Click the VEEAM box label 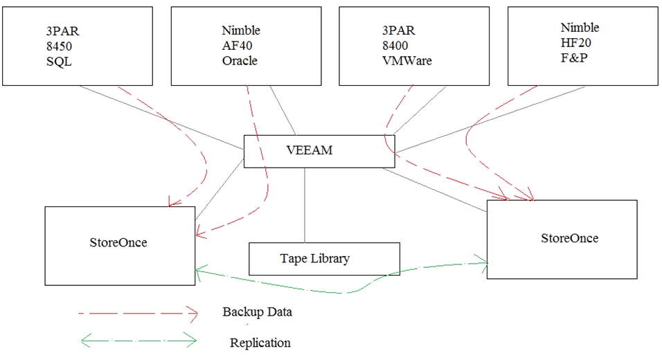[310, 150]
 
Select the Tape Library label [315, 258]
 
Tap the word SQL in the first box [59, 62]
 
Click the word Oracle [240, 61]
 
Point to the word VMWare [407, 61]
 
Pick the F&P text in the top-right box [574, 58]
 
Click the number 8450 [59, 46]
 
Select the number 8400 [395, 46]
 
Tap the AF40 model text [237, 46]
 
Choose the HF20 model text [576, 43]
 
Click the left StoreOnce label [118, 243]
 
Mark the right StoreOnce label [569, 238]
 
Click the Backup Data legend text [257, 312]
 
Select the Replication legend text [260, 343]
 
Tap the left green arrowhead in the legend [86, 340]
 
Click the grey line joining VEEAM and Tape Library [305, 205]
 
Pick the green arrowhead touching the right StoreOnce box [481, 263]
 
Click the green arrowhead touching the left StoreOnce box [201, 272]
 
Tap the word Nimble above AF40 [241, 30]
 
